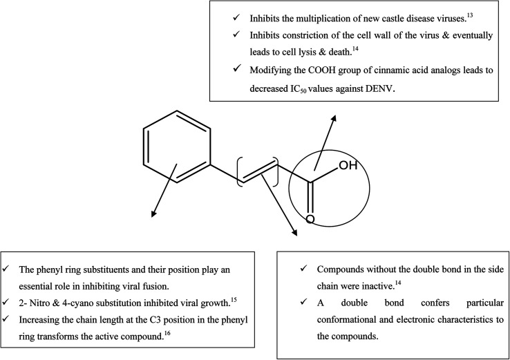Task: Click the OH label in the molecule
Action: coord(348,166)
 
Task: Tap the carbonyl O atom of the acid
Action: coord(310,220)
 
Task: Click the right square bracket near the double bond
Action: coord(276,171)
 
